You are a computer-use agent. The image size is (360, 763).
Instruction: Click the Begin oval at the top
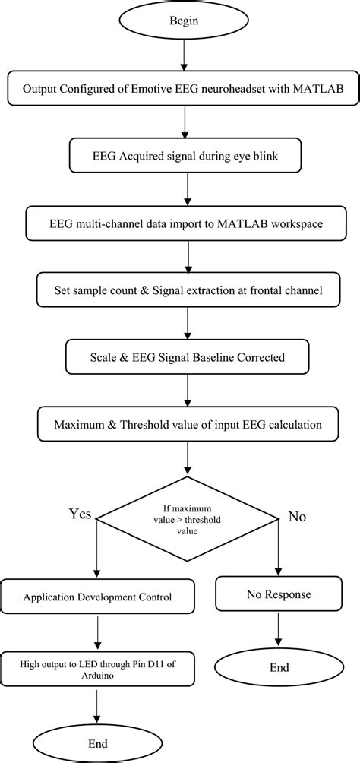tap(184, 21)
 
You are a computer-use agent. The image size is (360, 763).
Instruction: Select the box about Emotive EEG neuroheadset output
tap(184, 89)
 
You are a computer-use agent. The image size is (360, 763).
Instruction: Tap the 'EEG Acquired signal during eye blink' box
tap(184, 158)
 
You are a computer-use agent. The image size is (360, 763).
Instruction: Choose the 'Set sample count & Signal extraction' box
tap(184, 290)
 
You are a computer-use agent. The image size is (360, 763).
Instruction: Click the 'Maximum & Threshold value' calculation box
tap(184, 423)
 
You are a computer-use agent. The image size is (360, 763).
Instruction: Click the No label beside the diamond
tap(297, 517)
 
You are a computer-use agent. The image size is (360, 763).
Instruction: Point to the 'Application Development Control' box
tap(97, 597)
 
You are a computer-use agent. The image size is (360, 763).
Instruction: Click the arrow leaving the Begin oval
tap(184, 55)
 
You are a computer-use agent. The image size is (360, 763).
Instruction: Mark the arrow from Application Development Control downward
tap(97, 632)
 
